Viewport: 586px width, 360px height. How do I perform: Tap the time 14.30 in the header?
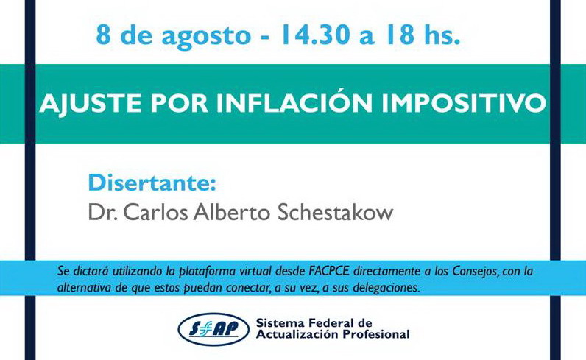pos(315,35)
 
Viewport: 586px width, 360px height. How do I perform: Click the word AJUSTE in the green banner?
pos(91,103)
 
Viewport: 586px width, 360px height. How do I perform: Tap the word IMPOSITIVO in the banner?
pos(463,103)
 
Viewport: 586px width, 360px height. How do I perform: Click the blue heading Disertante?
pos(152,183)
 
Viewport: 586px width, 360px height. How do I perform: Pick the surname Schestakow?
pos(335,212)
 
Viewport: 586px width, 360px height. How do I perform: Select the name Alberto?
pos(232,212)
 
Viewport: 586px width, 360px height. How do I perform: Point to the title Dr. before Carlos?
pos(103,212)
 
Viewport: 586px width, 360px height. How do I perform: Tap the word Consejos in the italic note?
pos(475,272)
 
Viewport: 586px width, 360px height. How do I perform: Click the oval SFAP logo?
pos(213,329)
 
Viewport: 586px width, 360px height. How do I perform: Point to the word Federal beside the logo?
pos(331,322)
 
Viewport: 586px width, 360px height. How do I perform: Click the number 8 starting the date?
pos(104,35)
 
